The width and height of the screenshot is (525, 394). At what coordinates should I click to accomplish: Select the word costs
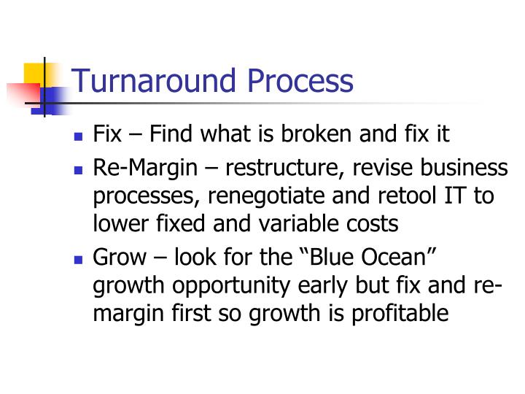(x=372, y=223)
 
